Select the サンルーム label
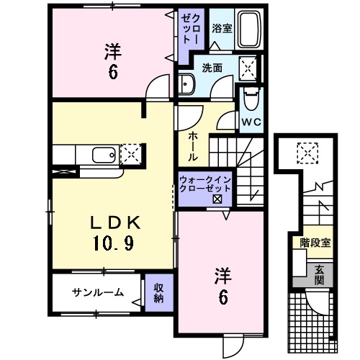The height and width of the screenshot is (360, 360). [97, 292]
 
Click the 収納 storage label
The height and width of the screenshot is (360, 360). [158, 292]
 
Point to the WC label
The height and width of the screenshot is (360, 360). [251, 122]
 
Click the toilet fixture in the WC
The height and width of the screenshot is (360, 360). [250, 97]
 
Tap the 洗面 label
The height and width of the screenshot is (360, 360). [212, 68]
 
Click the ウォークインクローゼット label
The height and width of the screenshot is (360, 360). [205, 184]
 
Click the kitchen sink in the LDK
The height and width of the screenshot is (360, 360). [101, 154]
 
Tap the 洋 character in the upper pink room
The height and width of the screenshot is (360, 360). [112, 52]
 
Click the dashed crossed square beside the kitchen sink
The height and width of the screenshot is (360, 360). [132, 154]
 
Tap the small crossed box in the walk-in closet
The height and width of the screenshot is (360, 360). [217, 199]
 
